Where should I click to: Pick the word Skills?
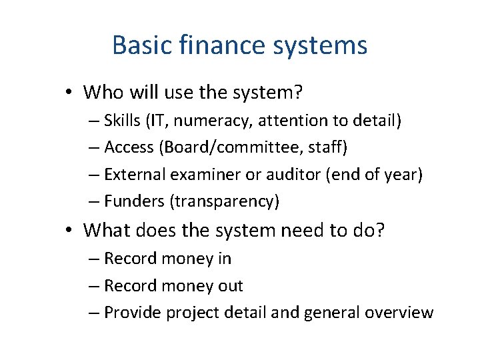(x=123, y=121)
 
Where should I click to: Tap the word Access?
(x=129, y=147)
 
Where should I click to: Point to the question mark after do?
(x=379, y=231)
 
